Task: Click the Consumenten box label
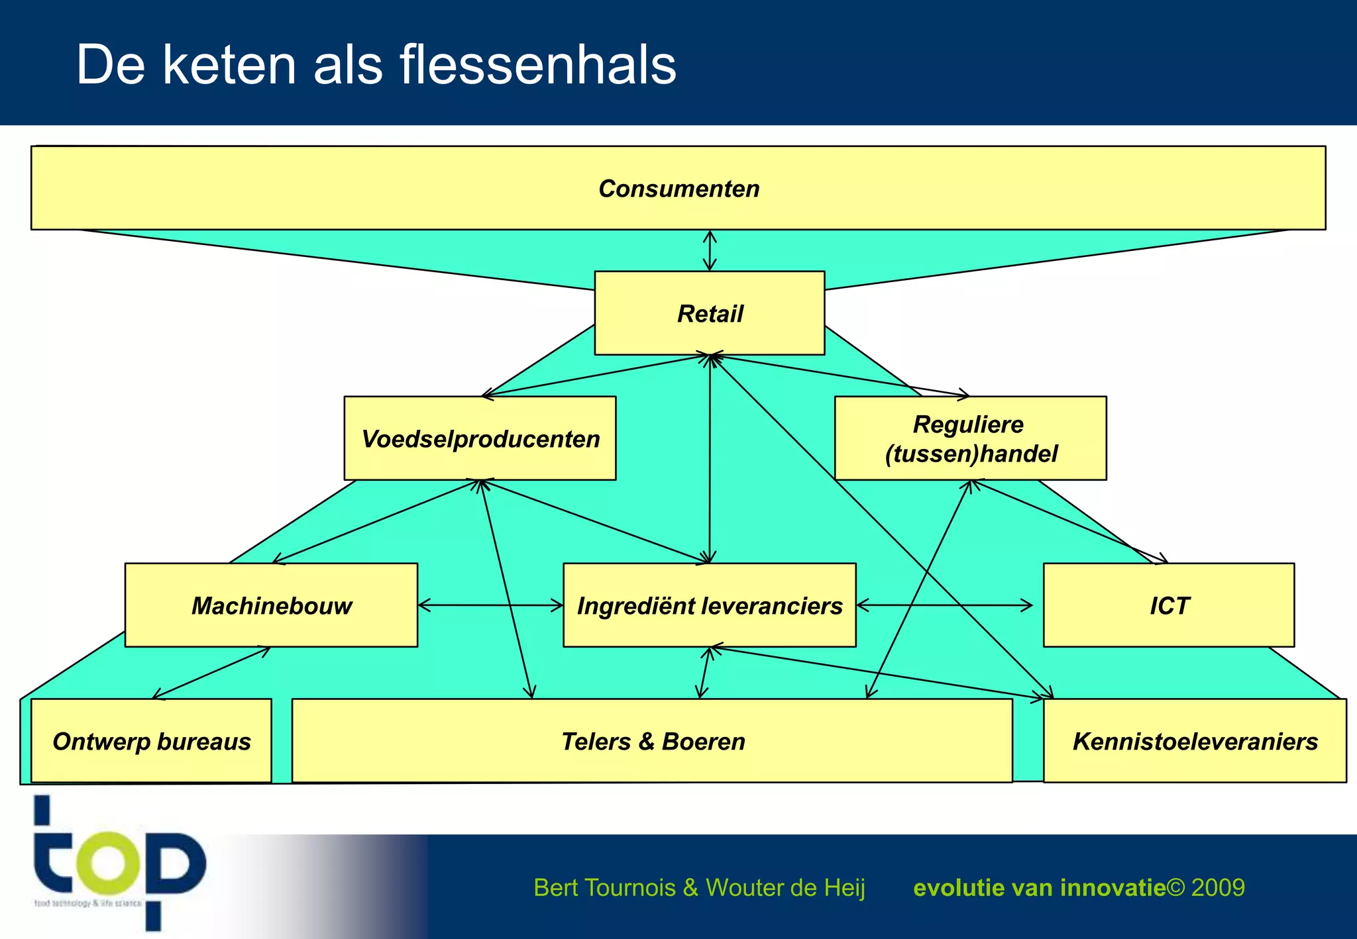point(678,189)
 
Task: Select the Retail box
point(710,313)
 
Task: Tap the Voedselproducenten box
point(480,438)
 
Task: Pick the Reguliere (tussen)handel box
point(971,438)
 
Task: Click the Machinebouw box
point(271,605)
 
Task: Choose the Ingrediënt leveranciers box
point(710,605)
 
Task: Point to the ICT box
point(1169,605)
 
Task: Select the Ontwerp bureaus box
point(152,741)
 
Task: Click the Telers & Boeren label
point(653,741)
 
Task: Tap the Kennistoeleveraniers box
point(1195,741)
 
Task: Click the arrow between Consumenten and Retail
point(710,250)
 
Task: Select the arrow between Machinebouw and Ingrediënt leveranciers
point(490,605)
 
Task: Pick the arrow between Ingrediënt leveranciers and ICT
point(945,605)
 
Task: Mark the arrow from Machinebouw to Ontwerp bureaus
point(211,673)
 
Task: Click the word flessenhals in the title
point(537,65)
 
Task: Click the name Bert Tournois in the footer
point(604,887)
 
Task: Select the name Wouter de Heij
point(785,887)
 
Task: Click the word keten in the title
point(229,65)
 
